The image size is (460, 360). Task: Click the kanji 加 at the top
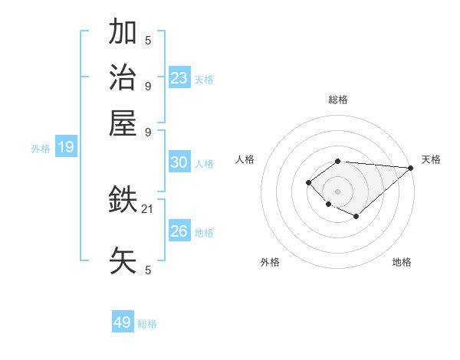pos(123,33)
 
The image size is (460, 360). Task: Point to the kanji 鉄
pos(123,201)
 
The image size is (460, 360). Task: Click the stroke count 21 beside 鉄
pos(148,208)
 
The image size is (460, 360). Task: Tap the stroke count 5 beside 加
pos(148,41)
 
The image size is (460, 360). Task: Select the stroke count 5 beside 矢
pos(148,270)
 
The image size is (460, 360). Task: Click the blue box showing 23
pos(179,77)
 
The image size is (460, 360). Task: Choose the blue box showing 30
pos(179,162)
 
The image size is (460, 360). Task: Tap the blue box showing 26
pos(179,231)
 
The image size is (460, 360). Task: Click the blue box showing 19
pos(66,148)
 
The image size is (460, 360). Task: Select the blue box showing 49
pos(123,322)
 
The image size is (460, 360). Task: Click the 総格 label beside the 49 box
pos(147,324)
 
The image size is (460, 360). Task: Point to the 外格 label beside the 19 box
pos(41,149)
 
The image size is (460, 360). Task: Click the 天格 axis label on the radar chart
pos(431,159)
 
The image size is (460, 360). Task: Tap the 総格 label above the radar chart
pos(338,100)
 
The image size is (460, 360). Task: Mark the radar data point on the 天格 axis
pos(410,168)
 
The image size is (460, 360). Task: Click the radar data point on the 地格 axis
pos(356,217)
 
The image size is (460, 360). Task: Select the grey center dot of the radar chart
pos(338,191)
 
